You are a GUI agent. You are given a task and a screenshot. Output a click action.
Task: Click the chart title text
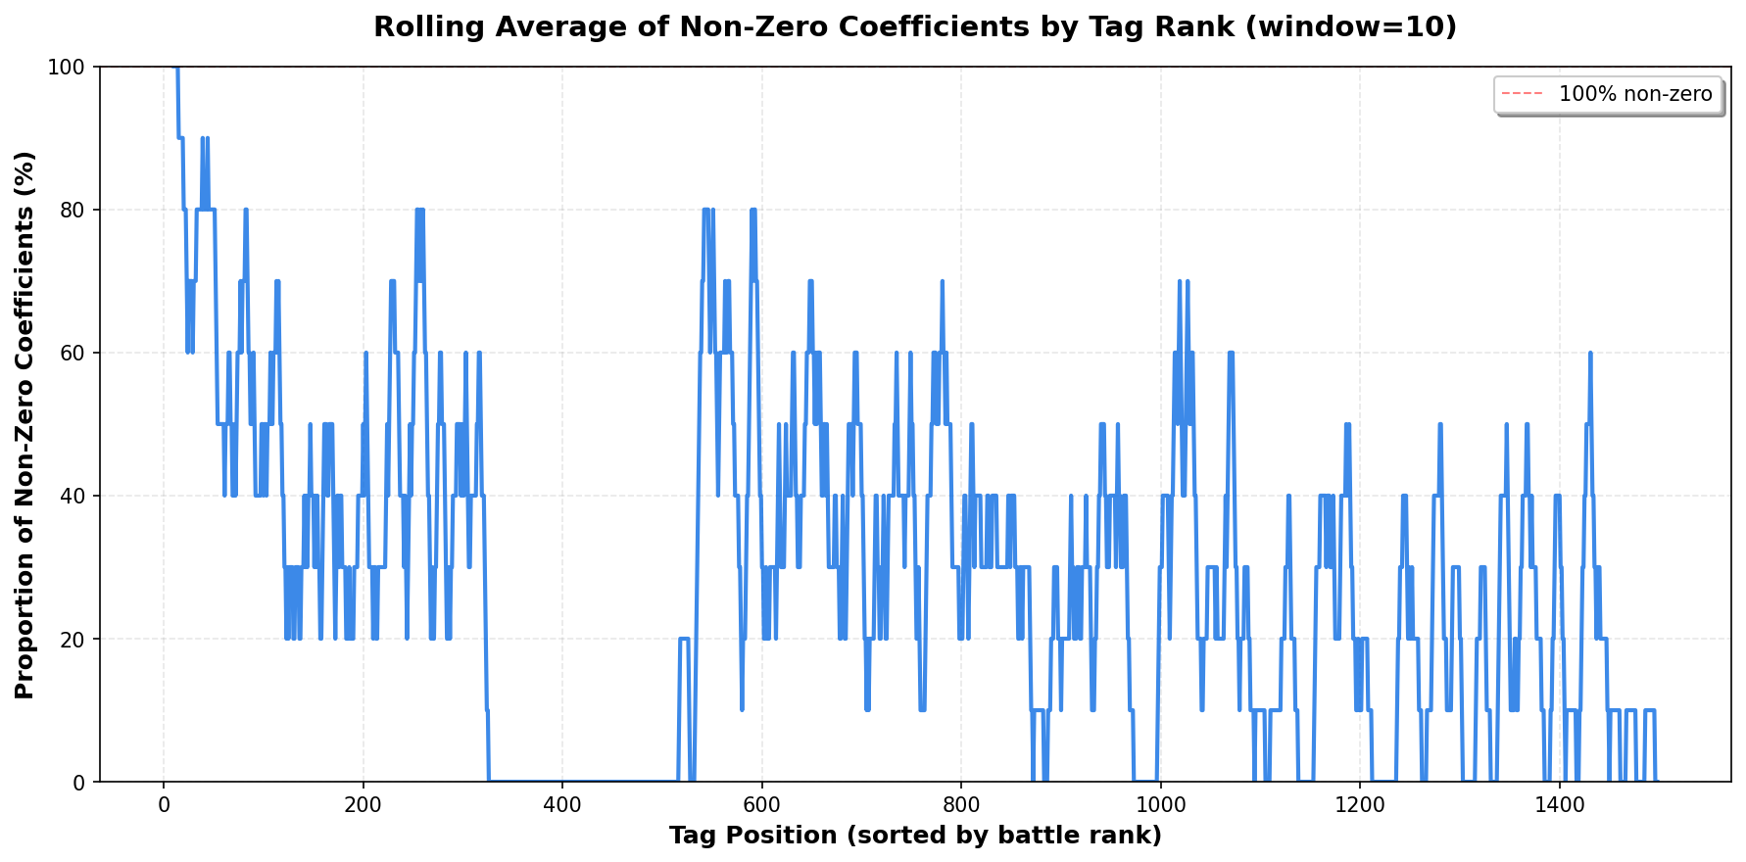pos(915,27)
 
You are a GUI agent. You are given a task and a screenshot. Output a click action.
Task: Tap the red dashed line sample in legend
pos(1521,94)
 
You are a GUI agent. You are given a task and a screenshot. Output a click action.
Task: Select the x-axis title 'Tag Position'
pos(915,836)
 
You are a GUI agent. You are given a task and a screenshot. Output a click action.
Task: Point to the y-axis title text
pos(25,424)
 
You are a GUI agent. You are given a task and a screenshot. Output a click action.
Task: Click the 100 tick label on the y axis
pos(70,67)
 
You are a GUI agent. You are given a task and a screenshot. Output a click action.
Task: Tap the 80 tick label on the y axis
pos(75,210)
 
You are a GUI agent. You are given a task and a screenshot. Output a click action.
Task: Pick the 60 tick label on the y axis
pos(75,353)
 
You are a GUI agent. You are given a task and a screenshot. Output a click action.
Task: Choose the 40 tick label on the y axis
pos(75,496)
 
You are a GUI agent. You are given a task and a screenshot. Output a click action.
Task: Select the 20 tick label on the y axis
pos(75,639)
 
